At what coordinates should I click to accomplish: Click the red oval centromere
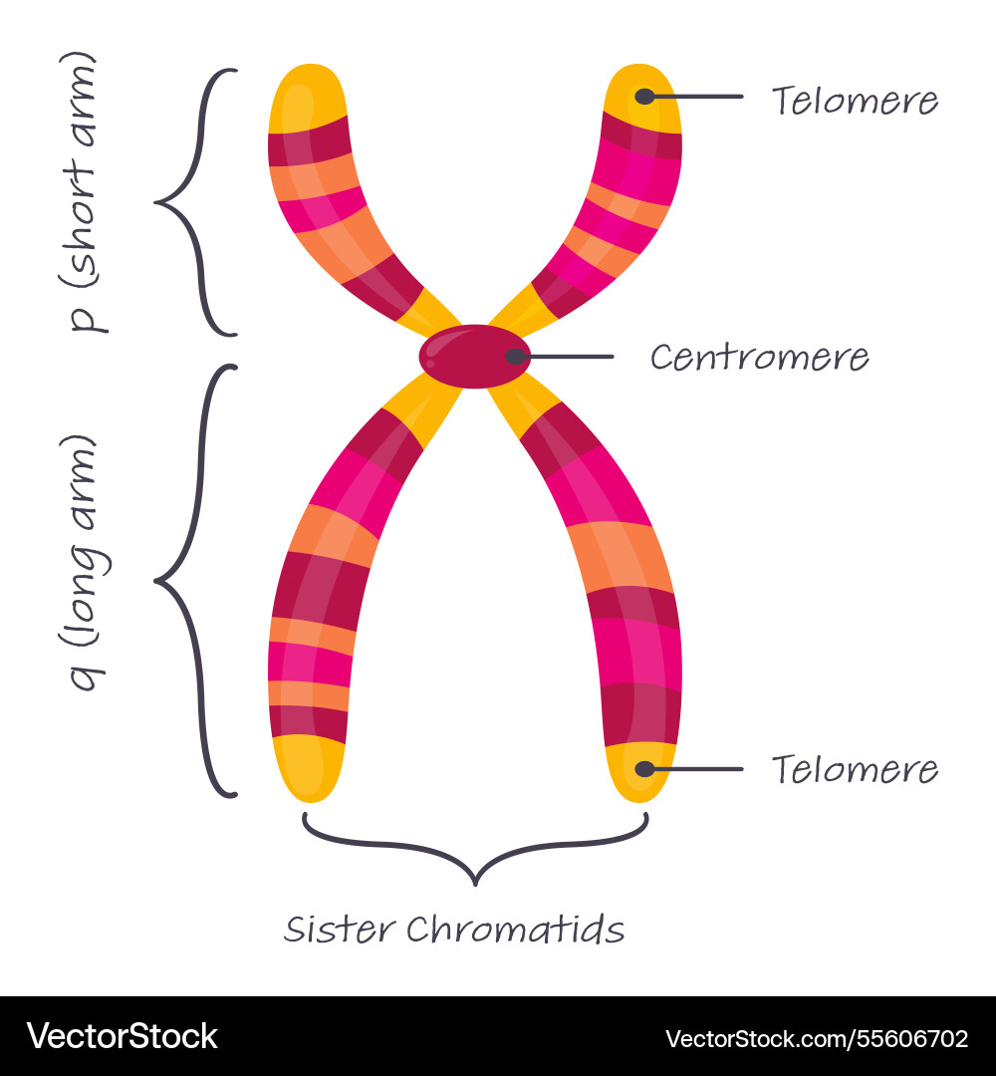tap(475, 356)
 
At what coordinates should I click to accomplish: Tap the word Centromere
tap(759, 358)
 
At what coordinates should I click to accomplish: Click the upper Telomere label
tap(855, 101)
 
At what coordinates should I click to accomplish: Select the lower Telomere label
tap(855, 769)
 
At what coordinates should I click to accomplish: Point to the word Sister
tap(340, 930)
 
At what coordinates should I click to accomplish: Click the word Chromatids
tap(515, 930)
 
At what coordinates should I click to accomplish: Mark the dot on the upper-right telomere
tap(644, 96)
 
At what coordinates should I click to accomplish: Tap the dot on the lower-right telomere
tap(644, 769)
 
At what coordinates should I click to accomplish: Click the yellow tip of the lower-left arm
tap(309, 768)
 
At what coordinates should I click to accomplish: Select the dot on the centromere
tap(515, 356)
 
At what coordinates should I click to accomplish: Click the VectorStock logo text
tap(123, 1035)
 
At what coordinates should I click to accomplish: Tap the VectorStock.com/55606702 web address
tap(817, 1038)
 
